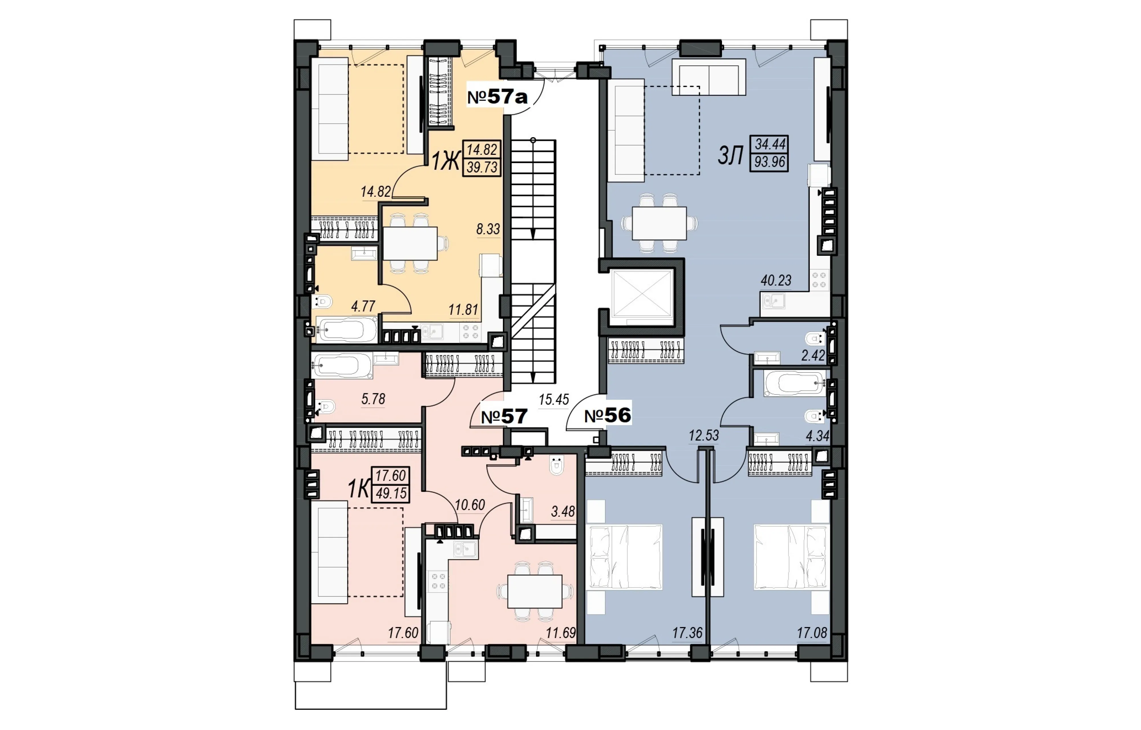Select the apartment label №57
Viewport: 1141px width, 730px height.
pyautogui.click(x=504, y=417)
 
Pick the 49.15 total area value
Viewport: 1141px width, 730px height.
pyautogui.click(x=391, y=493)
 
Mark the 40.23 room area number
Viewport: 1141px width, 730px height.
pyautogui.click(x=776, y=281)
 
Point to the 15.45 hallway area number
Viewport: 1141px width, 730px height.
pyautogui.click(x=554, y=400)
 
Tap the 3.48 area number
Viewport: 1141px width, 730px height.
pyautogui.click(x=563, y=512)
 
